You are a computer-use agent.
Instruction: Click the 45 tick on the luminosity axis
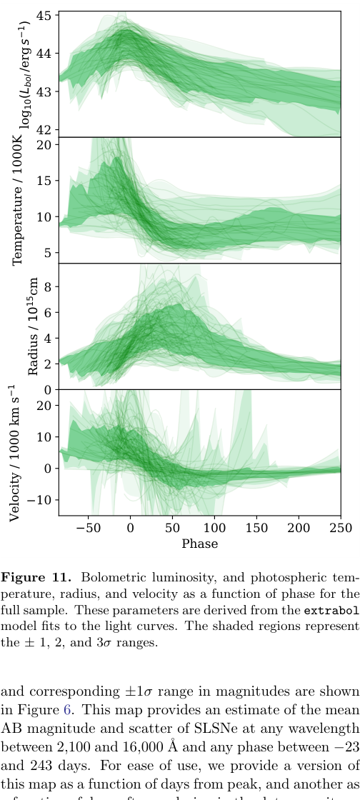pos(44,15)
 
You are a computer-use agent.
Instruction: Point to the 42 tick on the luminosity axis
pos(44,130)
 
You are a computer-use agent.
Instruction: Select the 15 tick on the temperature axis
pos(44,181)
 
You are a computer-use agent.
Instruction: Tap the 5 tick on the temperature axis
pos(48,253)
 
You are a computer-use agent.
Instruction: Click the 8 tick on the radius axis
pos(48,287)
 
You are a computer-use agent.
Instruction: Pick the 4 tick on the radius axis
pos(48,339)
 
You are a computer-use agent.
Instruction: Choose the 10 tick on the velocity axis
pos(44,437)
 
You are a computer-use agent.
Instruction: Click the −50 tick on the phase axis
pos(88,528)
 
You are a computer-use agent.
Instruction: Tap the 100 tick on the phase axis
pos(214,528)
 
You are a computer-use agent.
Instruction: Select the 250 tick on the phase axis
pos(341,528)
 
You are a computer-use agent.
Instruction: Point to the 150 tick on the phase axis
pos(256,528)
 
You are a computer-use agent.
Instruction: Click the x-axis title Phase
pos(199,544)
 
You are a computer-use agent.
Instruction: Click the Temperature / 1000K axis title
pos(19,201)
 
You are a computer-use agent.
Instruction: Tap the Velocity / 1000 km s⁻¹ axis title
pos(15,453)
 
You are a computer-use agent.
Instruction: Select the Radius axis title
pos(33,327)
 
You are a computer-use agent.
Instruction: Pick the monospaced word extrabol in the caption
pos(330,611)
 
